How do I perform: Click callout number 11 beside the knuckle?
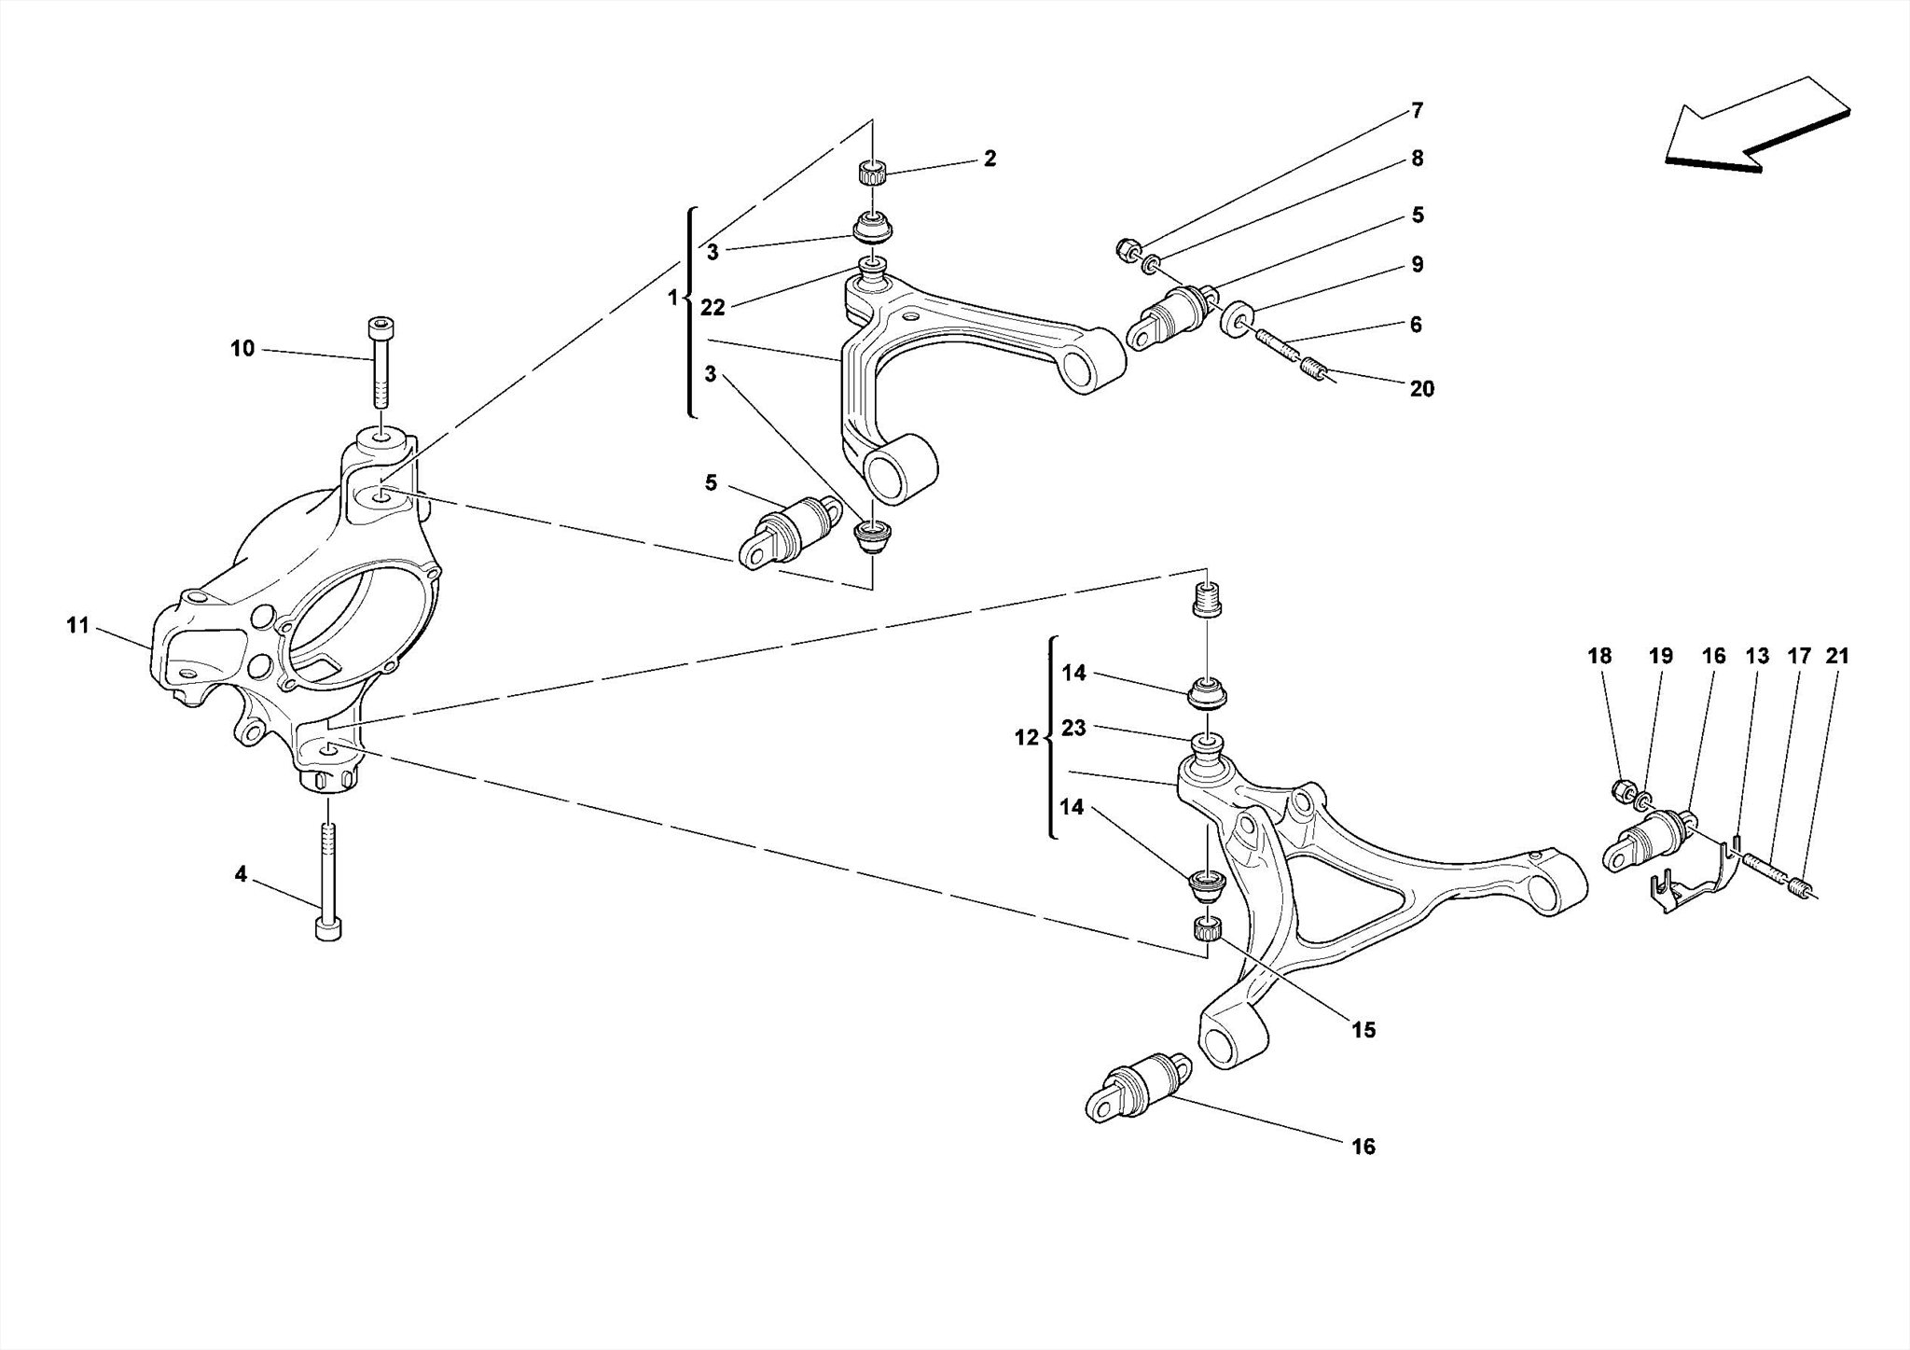[x=77, y=626]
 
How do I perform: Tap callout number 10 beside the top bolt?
[x=242, y=349]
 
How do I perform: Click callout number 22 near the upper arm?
[x=713, y=309]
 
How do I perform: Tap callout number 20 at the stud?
[x=1421, y=389]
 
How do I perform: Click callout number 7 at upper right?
[x=1417, y=111]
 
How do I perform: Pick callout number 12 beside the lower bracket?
[x=1026, y=738]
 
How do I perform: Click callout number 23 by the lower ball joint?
[x=1073, y=728]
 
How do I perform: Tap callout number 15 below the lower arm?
[x=1363, y=1030]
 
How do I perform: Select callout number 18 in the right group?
[x=1599, y=656]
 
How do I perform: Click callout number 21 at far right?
[x=1836, y=656]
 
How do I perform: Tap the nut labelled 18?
[x=1624, y=791]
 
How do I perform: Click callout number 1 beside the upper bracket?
[x=673, y=299]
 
